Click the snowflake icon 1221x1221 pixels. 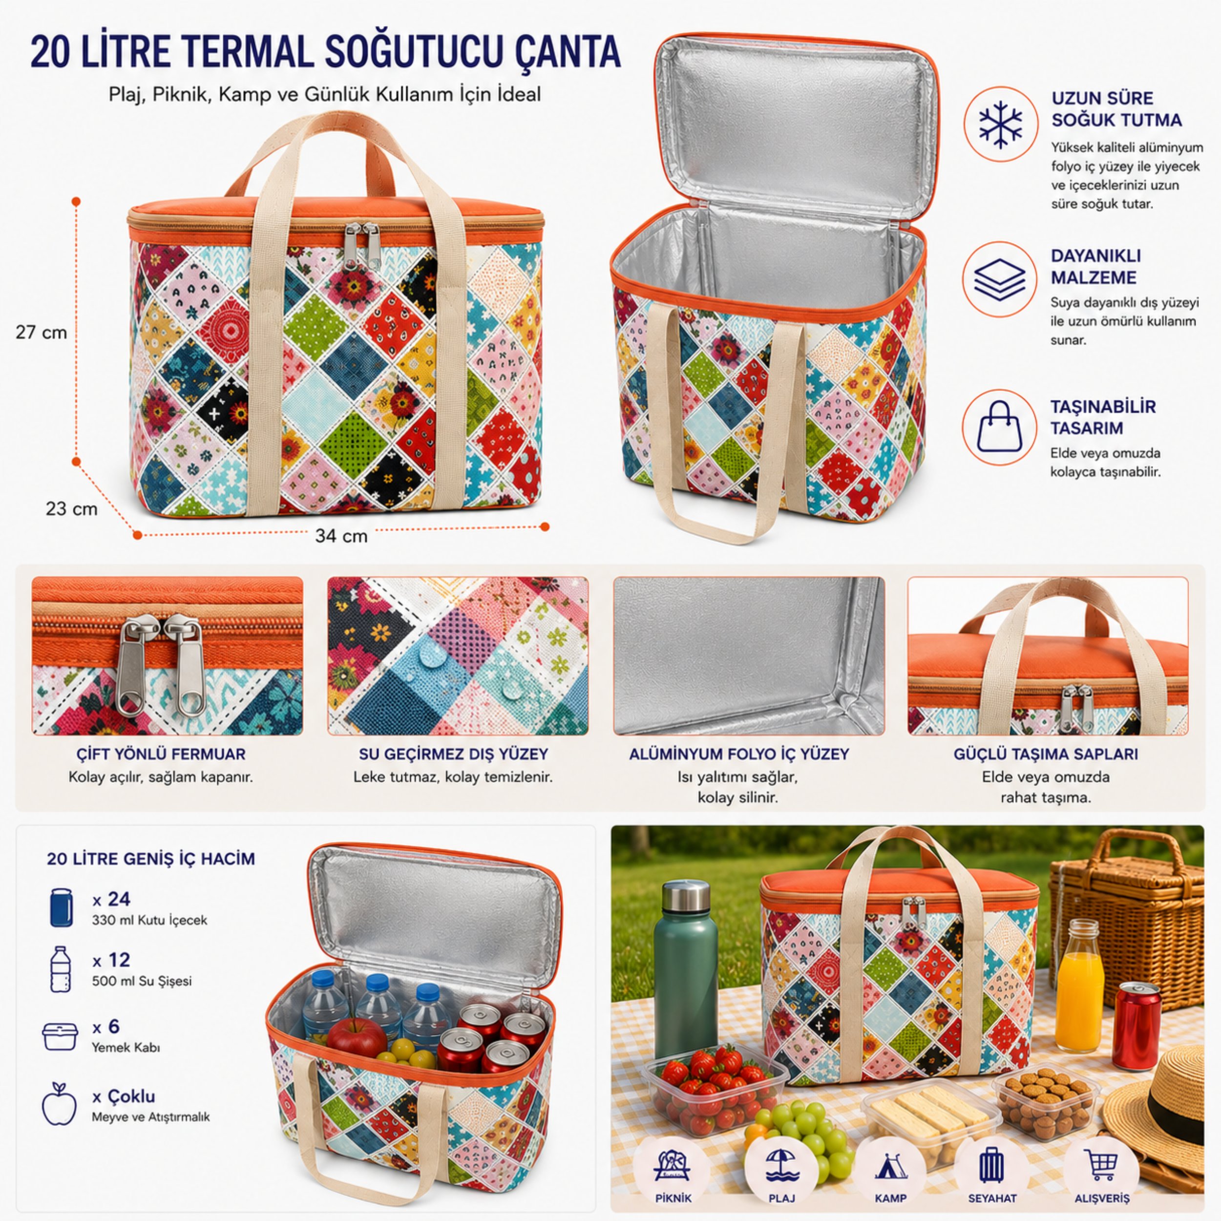[x=1000, y=125]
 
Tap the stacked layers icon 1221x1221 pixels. [x=1000, y=279]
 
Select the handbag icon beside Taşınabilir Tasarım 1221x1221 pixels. [x=999, y=427]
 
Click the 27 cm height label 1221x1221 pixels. [x=42, y=333]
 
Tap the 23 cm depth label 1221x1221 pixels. [x=71, y=509]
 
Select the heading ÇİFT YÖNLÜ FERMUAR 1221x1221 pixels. [x=161, y=754]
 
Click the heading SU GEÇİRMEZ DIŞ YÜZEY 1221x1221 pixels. [x=453, y=754]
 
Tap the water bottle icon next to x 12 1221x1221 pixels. [x=60, y=969]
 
